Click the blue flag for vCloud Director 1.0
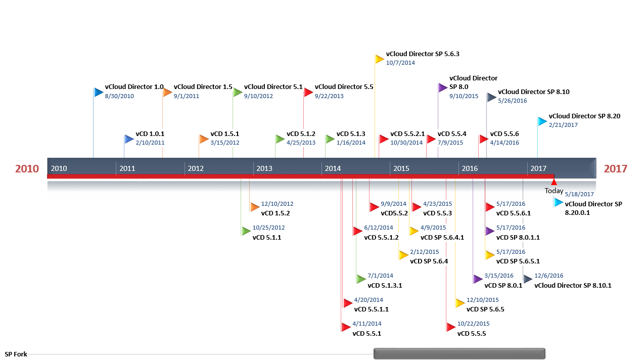click(99, 93)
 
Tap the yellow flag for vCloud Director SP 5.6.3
click(380, 60)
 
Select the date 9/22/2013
click(329, 96)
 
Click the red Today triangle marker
click(554, 182)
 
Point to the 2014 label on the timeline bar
click(333, 168)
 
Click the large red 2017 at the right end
click(615, 169)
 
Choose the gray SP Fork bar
click(460, 354)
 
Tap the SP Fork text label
click(16, 354)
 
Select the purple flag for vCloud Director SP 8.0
click(443, 87)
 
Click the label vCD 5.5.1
click(366, 334)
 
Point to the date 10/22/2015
click(473, 324)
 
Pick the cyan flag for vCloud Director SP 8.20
click(542, 121)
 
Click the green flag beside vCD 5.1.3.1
click(361, 279)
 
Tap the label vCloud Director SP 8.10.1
click(573, 286)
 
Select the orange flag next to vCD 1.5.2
click(255, 207)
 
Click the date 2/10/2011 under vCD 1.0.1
click(150, 143)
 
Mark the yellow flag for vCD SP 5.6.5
click(460, 303)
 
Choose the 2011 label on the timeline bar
click(127, 168)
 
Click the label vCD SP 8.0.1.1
click(518, 238)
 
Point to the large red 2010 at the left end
click(27, 169)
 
